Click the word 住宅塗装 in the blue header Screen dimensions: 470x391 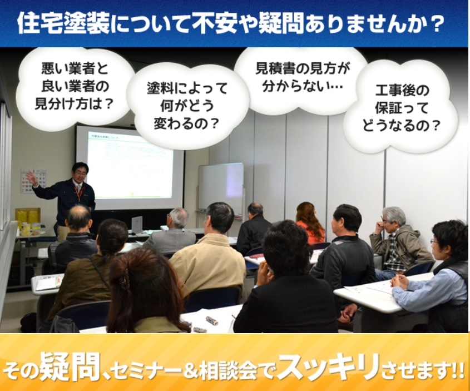(63, 23)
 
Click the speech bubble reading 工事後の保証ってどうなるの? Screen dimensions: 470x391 (401, 107)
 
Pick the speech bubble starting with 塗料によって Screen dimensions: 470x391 (187, 106)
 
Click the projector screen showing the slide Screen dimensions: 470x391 (130, 168)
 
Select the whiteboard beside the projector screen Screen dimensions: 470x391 (221, 189)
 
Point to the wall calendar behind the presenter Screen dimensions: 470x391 (32, 180)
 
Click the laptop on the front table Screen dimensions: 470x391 (137, 224)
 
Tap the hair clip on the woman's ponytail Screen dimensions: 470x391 (125, 280)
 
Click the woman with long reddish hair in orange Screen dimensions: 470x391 (310, 222)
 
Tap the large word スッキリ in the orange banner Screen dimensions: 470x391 (328, 367)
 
